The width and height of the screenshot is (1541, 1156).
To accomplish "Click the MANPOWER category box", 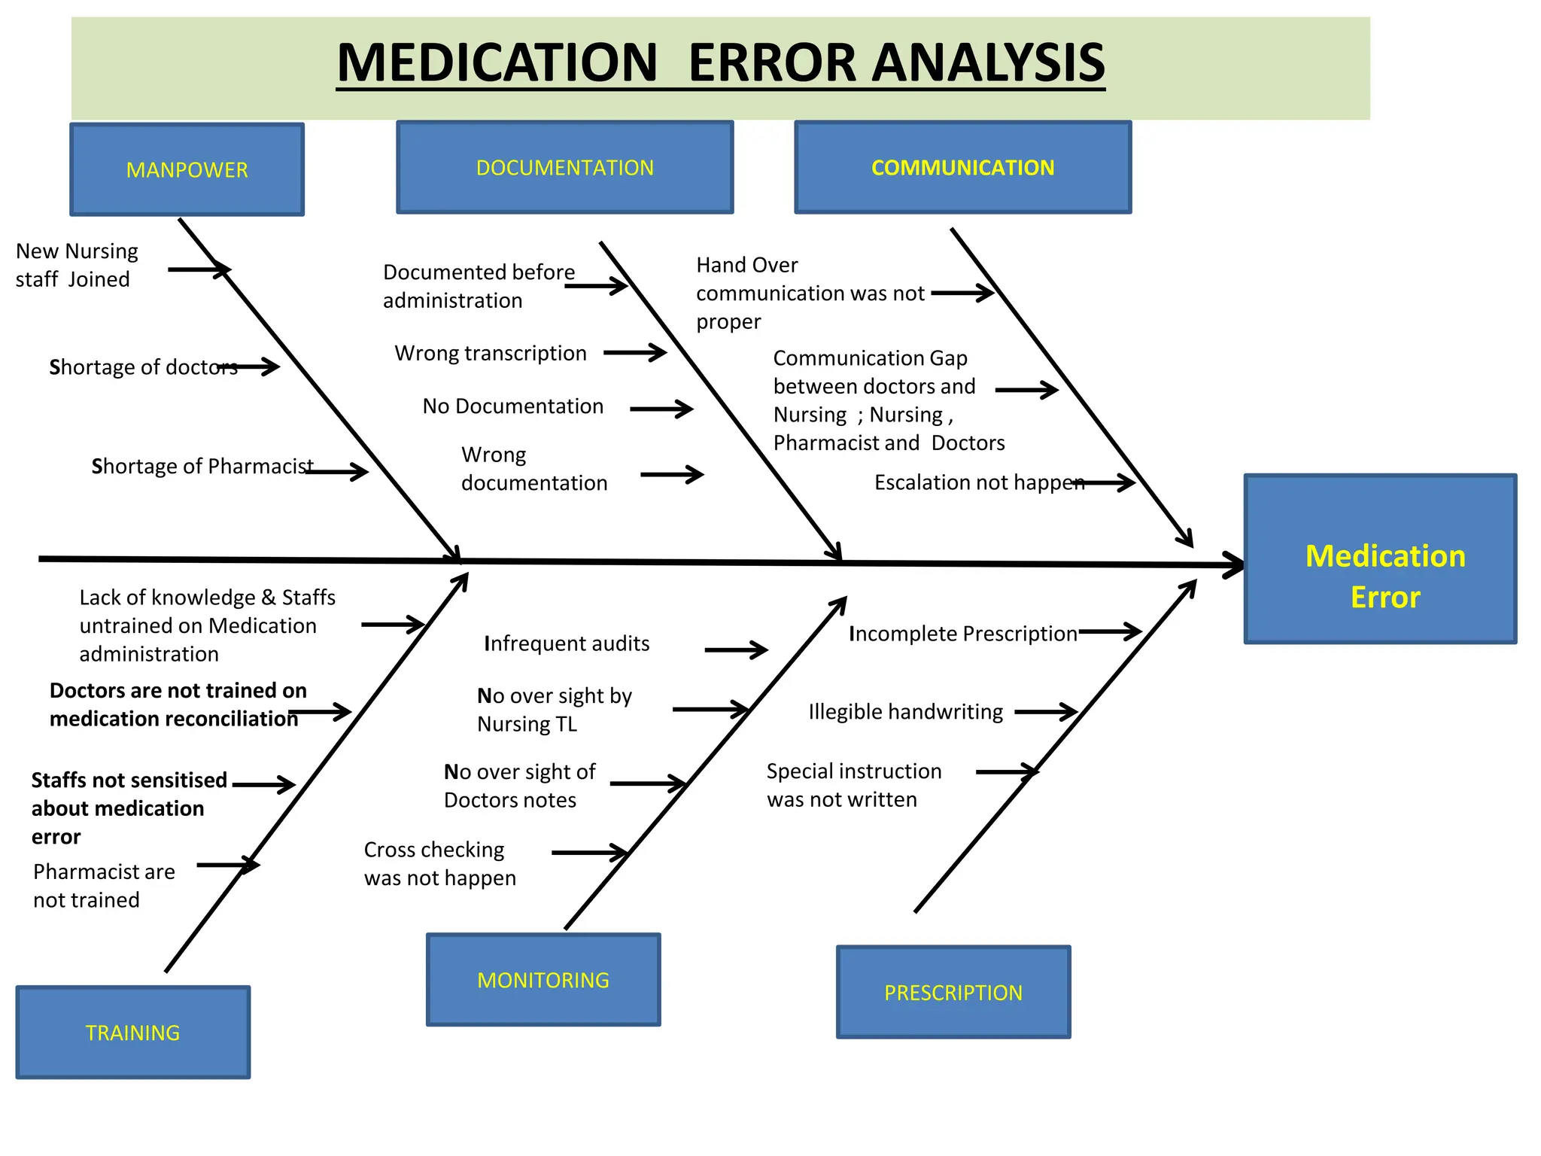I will point(187,170).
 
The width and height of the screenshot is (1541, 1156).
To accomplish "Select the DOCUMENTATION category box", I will point(564,168).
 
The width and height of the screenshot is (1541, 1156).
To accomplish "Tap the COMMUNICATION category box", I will point(962,168).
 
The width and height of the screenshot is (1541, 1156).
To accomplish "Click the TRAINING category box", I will point(132,1033).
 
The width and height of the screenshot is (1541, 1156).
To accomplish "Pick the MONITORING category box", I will point(543,980).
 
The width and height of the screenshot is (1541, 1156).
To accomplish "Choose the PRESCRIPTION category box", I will point(953,993).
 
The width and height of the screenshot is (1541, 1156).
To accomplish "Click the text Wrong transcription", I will point(491,353).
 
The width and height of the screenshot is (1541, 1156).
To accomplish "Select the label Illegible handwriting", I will point(905,711).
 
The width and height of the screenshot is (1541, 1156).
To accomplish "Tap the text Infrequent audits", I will point(567,643).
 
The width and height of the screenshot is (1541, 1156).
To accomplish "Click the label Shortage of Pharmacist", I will point(202,466).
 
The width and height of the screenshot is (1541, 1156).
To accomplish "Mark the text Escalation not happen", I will point(978,482).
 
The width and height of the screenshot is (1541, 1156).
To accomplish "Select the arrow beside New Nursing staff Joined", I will point(199,269).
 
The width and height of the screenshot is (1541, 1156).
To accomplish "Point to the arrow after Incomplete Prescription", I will point(1110,631).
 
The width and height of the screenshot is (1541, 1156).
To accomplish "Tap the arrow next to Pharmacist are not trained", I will point(227,865).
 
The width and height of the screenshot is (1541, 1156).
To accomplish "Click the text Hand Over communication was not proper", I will point(809,293).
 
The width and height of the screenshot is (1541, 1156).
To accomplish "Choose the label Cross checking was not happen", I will point(439,863).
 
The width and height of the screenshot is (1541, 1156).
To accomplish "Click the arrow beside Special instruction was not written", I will point(1006,771).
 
